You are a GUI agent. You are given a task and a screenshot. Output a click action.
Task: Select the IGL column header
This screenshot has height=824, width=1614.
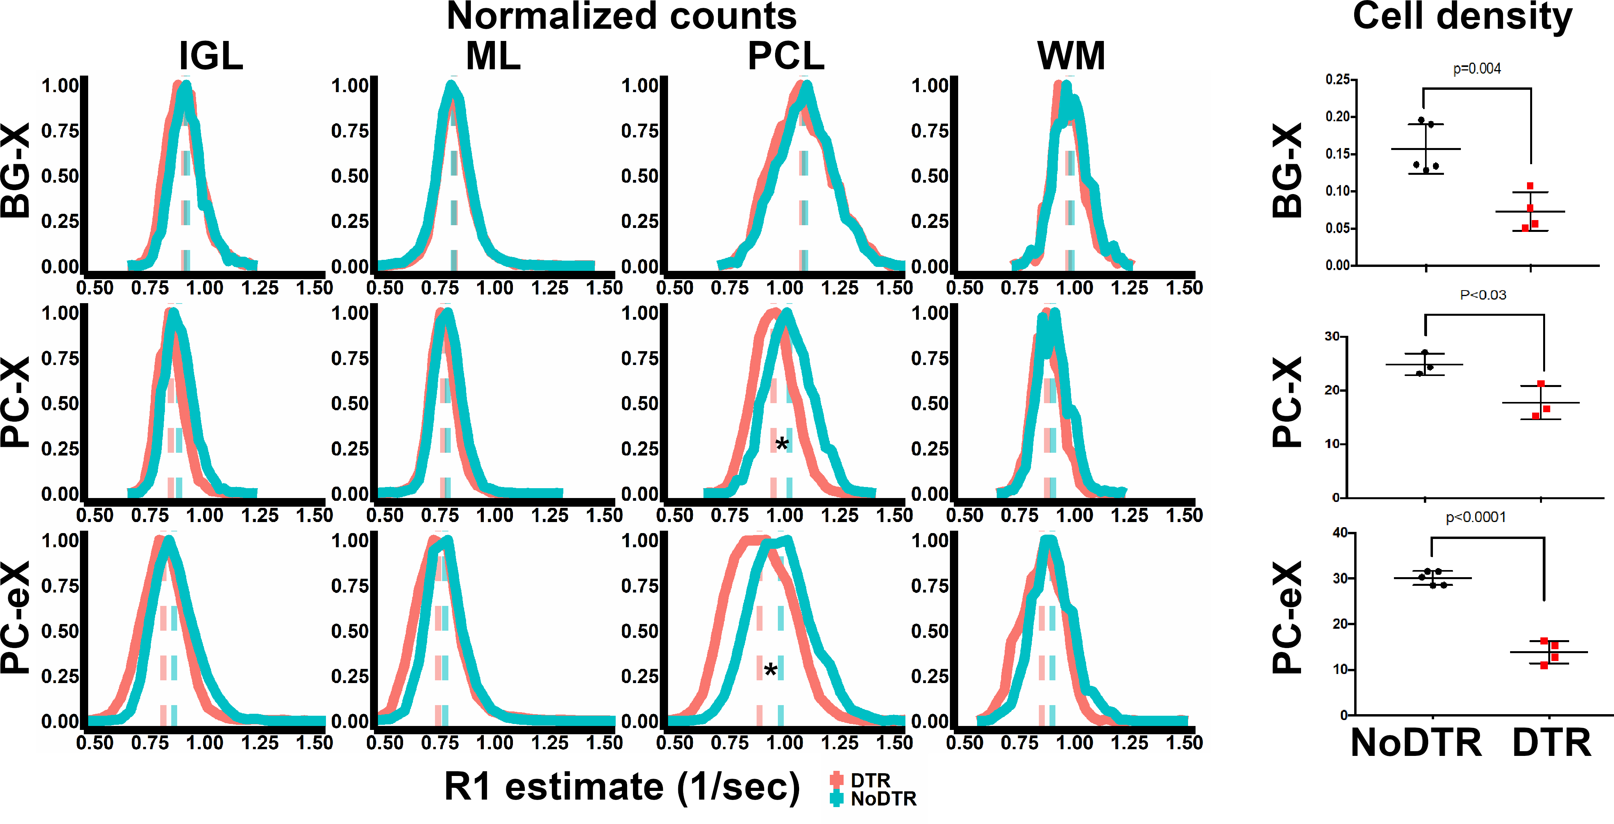click(x=211, y=56)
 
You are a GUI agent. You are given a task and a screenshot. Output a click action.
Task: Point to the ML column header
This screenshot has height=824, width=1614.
click(x=493, y=56)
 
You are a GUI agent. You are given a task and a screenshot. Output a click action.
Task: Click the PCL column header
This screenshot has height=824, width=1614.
click(x=786, y=56)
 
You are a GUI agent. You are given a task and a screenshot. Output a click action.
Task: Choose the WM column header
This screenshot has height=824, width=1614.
click(x=1071, y=56)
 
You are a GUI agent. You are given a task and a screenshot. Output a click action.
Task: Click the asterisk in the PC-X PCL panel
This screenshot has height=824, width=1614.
click(x=781, y=444)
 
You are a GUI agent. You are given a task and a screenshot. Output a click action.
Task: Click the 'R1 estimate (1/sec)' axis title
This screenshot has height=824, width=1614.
click(x=622, y=787)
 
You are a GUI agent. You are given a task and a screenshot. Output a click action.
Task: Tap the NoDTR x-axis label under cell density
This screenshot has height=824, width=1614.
click(x=1416, y=743)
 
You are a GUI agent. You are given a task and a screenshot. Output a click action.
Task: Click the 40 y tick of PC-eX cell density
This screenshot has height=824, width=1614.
click(x=1340, y=533)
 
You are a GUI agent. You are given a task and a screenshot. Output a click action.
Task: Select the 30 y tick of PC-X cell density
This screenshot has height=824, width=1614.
click(x=1332, y=337)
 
